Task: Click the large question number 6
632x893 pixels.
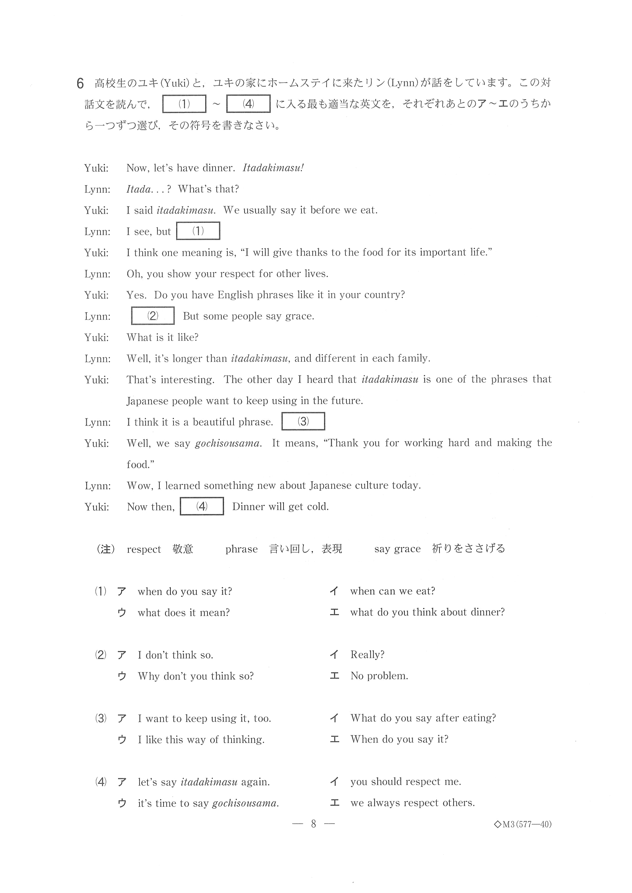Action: [x=80, y=83]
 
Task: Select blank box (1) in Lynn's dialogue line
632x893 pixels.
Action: [x=198, y=231]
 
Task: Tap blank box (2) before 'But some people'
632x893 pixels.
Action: [x=152, y=316]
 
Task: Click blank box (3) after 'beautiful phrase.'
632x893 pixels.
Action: [x=303, y=422]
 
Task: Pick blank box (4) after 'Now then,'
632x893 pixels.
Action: [x=202, y=506]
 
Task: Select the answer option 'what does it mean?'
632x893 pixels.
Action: [x=183, y=613]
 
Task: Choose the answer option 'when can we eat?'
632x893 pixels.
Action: [x=392, y=591]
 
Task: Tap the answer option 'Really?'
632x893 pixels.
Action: [x=367, y=654]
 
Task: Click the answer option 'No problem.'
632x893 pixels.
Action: [x=379, y=676]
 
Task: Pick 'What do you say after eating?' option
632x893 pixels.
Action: [x=423, y=718]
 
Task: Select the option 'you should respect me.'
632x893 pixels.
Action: [x=405, y=782]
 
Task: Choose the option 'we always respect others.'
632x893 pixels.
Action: [x=412, y=803]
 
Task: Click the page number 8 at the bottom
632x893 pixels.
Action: [x=313, y=824]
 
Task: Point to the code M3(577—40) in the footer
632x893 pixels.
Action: [x=523, y=824]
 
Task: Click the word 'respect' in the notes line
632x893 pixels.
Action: [x=144, y=549]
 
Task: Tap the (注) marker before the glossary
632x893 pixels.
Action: [x=105, y=549]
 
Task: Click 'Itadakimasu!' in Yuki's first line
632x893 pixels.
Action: [x=273, y=168]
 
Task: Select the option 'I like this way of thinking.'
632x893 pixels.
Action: [x=201, y=739]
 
